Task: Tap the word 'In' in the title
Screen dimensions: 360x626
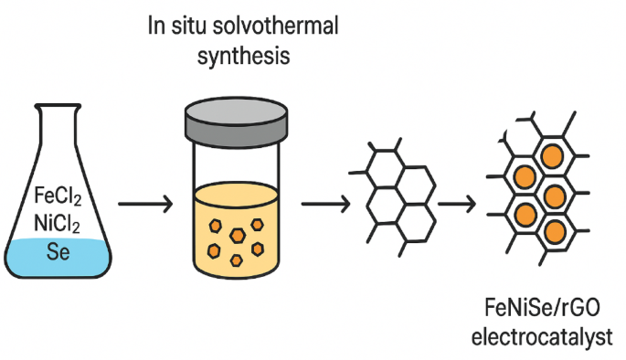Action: pos(155,25)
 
